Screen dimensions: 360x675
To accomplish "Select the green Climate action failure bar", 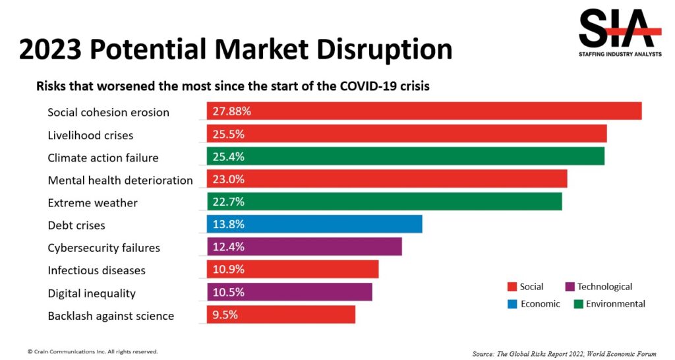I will [405, 156].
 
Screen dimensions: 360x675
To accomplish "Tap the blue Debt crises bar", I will [314, 224].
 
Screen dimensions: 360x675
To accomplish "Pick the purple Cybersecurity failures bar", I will [304, 247].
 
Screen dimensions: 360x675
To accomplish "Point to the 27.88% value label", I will [231, 111].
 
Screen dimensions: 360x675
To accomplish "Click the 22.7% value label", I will [228, 201].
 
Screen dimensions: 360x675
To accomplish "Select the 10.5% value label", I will [228, 292].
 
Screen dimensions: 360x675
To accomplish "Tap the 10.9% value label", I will [228, 269].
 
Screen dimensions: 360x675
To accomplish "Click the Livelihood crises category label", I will [90, 135].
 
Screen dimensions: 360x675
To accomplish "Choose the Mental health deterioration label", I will [120, 180].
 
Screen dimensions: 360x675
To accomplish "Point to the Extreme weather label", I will [92, 202].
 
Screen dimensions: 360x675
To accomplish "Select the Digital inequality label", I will [92, 293].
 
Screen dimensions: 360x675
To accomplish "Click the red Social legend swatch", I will [512, 287].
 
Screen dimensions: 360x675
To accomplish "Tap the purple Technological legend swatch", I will [570, 287].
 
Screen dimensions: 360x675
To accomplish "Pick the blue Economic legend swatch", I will [512, 304].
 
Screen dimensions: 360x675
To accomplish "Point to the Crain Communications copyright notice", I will [92, 351].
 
